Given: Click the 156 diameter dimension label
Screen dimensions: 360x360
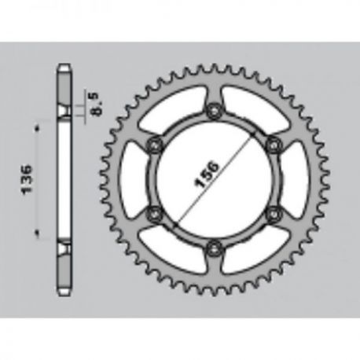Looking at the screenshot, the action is [207, 174].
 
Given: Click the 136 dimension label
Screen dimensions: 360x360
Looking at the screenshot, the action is [27, 179].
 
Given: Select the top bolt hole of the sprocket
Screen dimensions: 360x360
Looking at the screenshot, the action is [215, 111].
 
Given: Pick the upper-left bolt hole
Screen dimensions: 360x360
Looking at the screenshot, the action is [155, 145].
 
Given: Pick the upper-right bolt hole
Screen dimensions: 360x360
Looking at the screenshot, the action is [274, 145].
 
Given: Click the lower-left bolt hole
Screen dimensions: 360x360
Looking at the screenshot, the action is [155, 214].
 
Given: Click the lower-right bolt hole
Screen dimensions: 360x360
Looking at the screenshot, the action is [274, 214].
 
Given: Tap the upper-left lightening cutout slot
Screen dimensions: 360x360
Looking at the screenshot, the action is [173, 110].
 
